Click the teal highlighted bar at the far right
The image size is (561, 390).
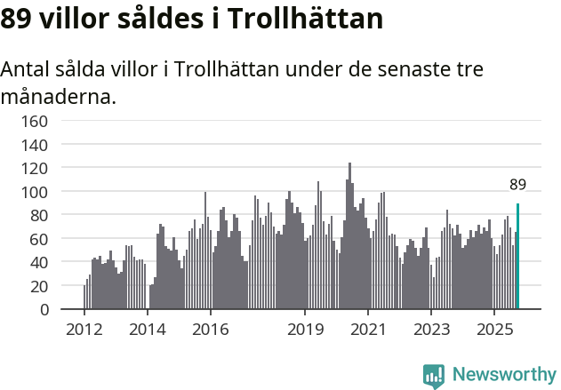point(518,257)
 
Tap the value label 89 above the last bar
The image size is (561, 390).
point(518,185)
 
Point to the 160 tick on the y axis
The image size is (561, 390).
point(36,120)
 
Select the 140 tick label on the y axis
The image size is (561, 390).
point(36,144)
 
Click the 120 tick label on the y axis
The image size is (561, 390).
point(36,168)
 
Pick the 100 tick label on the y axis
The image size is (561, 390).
point(36,192)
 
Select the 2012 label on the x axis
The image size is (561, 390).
point(84,330)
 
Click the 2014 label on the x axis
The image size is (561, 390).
point(148,330)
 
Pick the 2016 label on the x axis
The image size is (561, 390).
point(210,330)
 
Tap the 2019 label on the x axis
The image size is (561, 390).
point(305,330)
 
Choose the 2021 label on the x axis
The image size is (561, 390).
point(368,330)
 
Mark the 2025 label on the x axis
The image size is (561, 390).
point(494,330)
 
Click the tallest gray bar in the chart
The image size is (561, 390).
point(349,236)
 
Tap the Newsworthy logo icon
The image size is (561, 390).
point(434,376)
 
